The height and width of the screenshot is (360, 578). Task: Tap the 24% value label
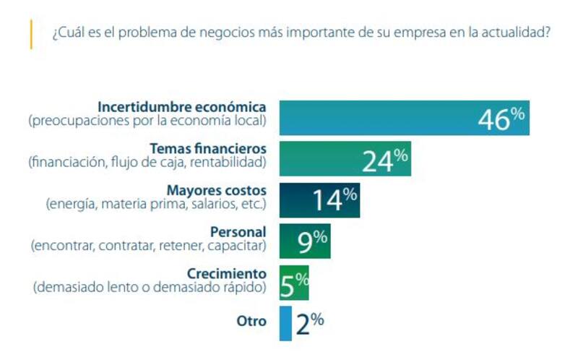[x=385, y=160]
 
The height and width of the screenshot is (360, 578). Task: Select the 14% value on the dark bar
[x=335, y=200]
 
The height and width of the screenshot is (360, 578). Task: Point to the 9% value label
[x=312, y=241]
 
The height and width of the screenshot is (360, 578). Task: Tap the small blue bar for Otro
[x=285, y=323]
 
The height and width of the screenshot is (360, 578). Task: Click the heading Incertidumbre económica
[x=181, y=107]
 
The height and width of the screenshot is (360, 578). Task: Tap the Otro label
[x=252, y=321]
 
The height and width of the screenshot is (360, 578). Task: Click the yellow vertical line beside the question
[x=31, y=34]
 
